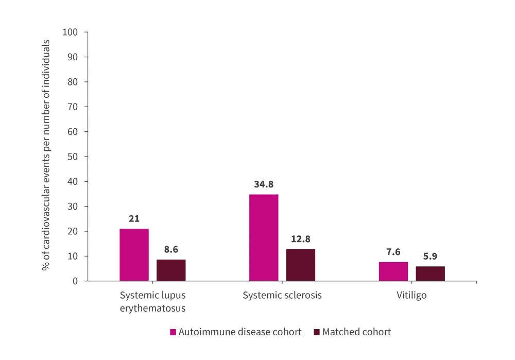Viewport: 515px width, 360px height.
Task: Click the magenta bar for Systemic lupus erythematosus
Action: (134, 254)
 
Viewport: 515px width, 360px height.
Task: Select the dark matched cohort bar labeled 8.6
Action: (171, 270)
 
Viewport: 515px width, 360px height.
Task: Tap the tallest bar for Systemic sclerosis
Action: (264, 237)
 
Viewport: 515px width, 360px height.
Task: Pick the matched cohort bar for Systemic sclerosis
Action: (301, 265)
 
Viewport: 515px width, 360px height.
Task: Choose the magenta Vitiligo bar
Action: (393, 271)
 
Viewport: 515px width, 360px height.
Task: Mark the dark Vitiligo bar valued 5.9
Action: (430, 273)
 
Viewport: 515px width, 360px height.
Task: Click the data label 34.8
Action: (264, 184)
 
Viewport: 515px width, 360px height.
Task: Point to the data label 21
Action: (134, 218)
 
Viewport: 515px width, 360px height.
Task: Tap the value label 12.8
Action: (301, 239)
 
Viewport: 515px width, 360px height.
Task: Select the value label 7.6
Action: (393, 252)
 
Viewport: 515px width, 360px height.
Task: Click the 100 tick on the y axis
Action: (70, 32)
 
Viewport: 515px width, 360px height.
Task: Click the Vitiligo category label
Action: (411, 296)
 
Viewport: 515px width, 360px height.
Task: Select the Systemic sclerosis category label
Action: (282, 296)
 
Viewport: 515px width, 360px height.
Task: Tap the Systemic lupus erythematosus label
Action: (152, 302)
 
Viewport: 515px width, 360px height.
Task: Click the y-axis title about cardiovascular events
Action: (47, 157)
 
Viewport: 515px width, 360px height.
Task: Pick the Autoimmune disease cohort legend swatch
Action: (173, 332)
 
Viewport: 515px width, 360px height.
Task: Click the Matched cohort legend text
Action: (356, 332)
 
